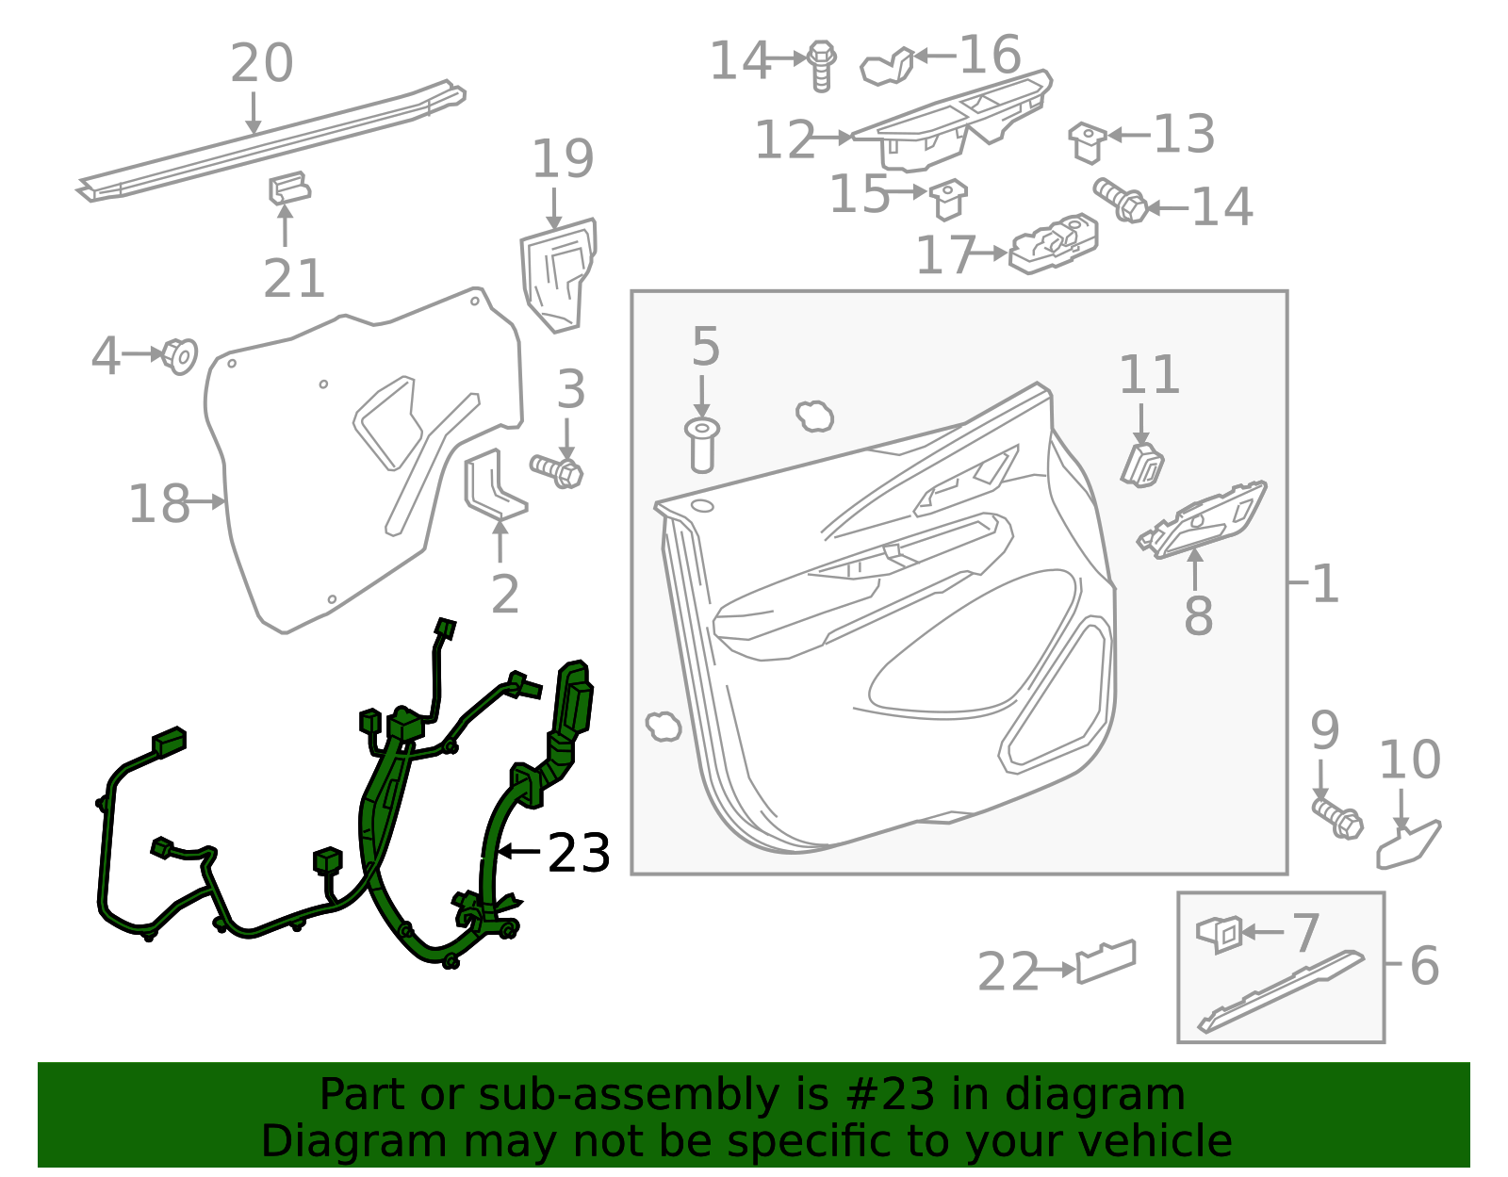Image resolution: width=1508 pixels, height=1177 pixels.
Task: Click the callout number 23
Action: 579,853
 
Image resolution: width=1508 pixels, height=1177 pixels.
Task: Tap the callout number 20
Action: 261,64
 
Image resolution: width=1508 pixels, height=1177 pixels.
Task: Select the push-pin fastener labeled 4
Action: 178,355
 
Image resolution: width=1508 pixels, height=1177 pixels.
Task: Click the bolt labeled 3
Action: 558,469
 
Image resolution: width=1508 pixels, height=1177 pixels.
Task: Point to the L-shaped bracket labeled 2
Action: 492,485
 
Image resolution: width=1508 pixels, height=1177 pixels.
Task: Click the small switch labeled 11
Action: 1141,465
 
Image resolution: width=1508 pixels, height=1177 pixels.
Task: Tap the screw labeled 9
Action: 1336,816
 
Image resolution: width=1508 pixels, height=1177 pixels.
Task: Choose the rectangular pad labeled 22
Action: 1106,960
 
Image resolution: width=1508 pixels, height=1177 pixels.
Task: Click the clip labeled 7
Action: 1221,933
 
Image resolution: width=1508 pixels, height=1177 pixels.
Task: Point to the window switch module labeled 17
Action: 1054,244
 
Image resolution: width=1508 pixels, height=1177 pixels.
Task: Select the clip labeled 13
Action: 1088,141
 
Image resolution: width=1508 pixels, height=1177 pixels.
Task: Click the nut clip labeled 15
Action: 947,196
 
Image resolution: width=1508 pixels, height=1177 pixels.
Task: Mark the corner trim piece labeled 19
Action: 558,274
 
